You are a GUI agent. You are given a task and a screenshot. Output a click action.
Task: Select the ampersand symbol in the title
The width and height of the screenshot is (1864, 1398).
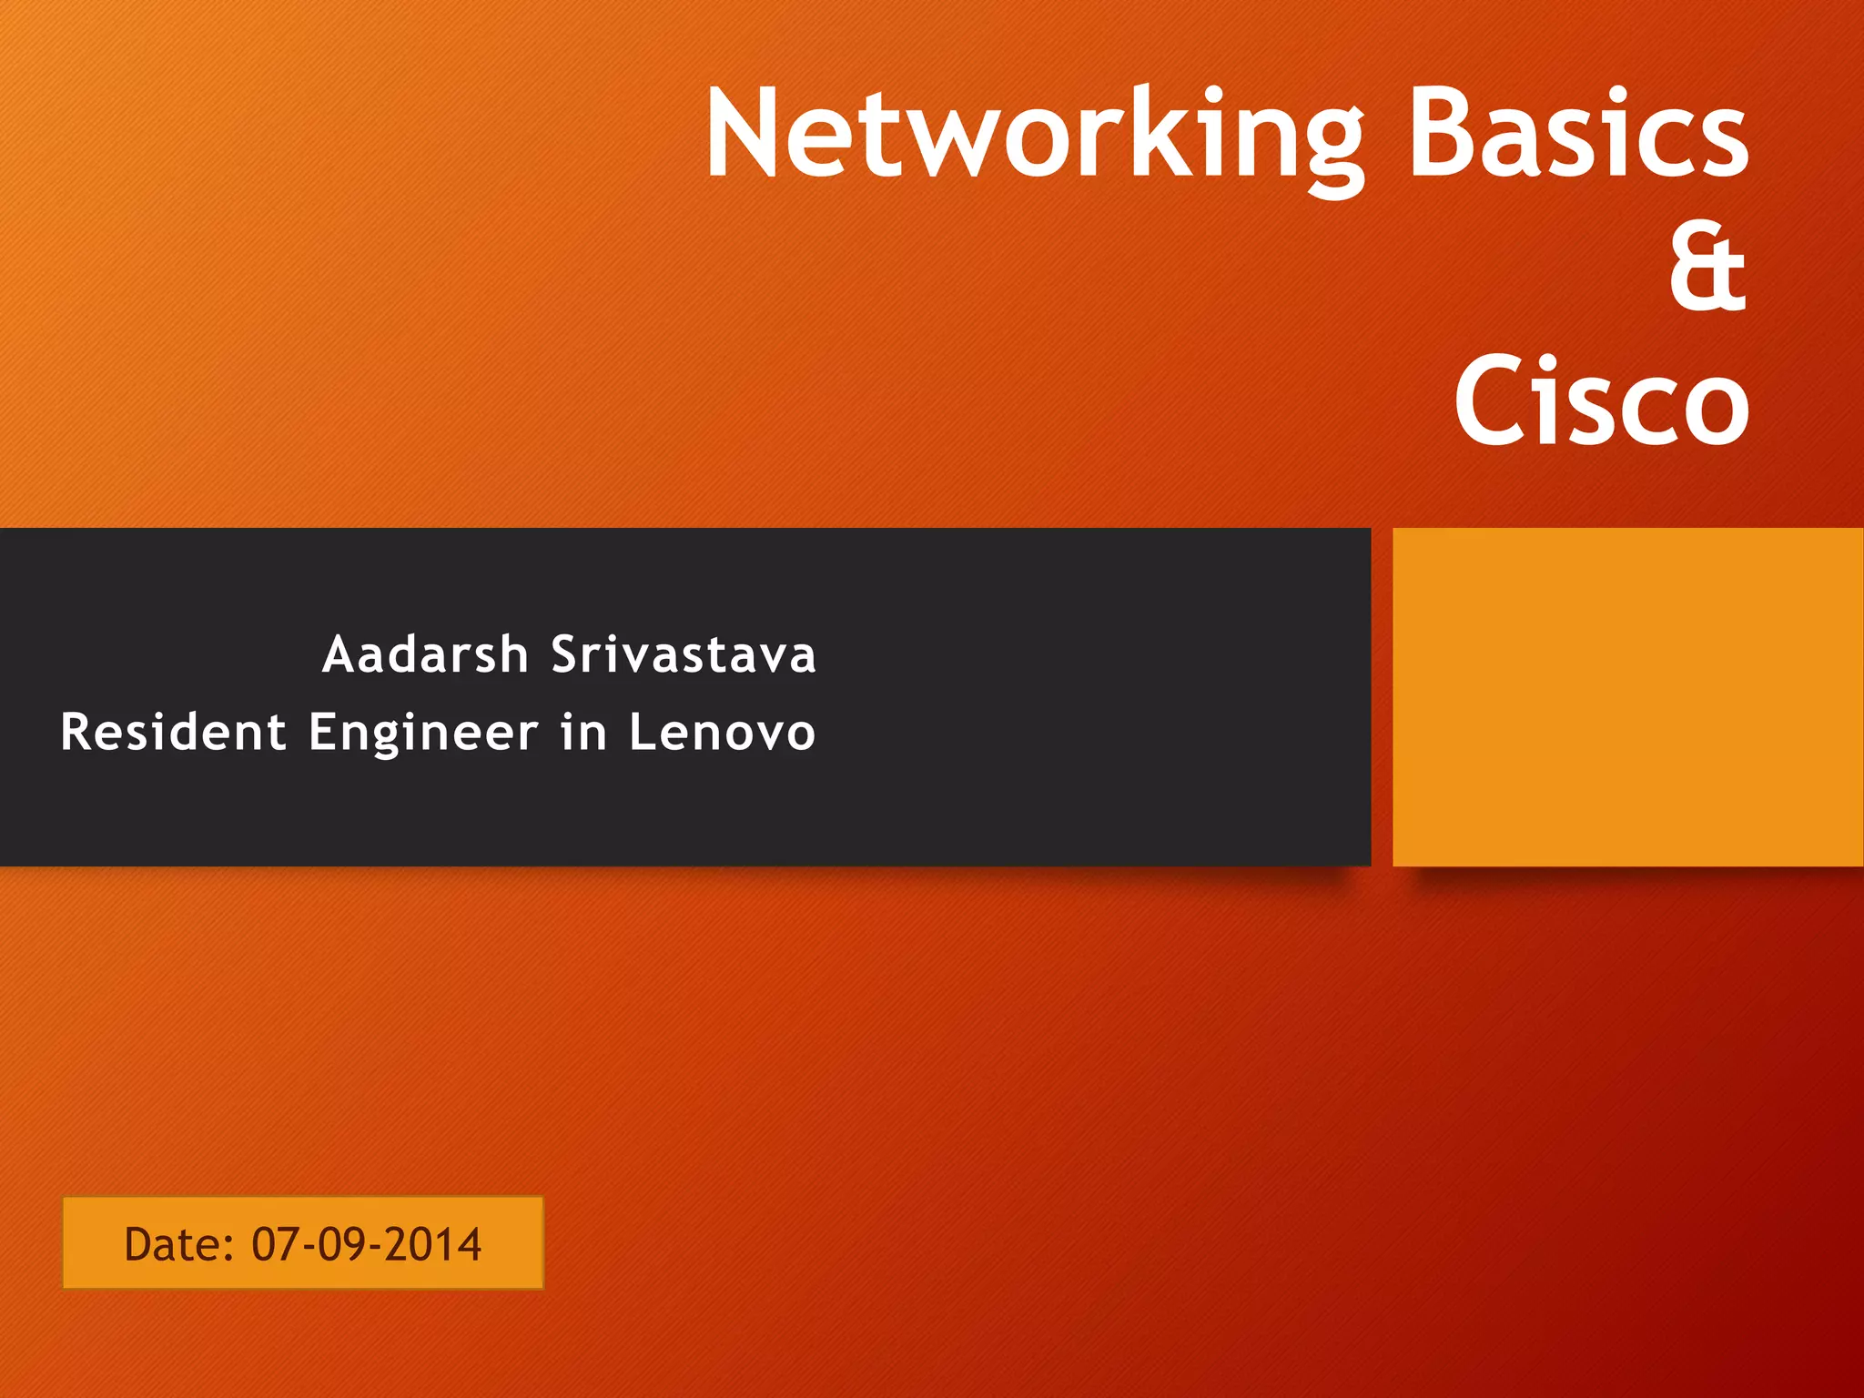[1707, 269]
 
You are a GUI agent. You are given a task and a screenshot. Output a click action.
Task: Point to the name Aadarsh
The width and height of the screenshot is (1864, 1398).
[425, 655]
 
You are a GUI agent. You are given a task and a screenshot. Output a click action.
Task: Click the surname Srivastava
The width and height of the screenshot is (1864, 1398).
[684, 655]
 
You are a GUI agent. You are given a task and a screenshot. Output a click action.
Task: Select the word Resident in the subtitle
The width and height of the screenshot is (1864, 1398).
[173, 733]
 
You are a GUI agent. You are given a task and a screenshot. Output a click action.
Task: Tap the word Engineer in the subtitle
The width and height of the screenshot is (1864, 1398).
[423, 733]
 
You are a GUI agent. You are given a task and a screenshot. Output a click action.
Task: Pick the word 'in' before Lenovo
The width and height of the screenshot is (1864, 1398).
[583, 733]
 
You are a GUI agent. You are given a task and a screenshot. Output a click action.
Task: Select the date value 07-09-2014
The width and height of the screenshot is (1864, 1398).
[366, 1244]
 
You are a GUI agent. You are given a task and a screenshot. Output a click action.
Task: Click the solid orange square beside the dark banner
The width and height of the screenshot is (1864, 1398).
[1627, 696]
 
